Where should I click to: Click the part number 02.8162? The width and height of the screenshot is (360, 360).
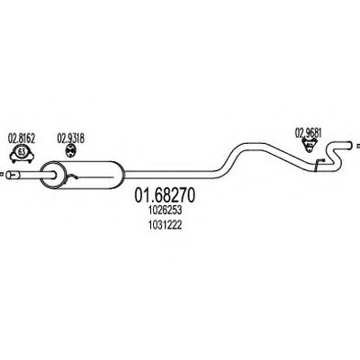[x=22, y=139]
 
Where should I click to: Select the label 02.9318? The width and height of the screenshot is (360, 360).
[x=71, y=139]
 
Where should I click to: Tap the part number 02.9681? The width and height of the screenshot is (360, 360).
[x=309, y=133]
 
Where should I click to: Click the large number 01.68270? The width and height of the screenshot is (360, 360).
[x=165, y=195]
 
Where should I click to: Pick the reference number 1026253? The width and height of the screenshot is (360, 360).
[x=165, y=211]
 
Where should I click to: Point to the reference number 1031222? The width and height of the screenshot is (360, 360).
[x=165, y=225]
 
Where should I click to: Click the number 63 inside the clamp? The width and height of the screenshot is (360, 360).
[x=22, y=152]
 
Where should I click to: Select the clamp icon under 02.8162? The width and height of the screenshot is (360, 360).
[x=22, y=154]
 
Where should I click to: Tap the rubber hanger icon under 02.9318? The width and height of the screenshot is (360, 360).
[x=70, y=150]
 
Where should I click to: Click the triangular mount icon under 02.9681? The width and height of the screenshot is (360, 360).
[x=310, y=146]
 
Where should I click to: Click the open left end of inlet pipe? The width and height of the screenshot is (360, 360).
[x=8, y=175]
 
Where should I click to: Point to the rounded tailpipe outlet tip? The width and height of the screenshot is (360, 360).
[x=349, y=145]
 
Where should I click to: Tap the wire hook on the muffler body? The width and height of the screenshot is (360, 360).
[x=72, y=177]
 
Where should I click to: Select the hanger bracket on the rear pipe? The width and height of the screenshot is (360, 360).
[x=319, y=164]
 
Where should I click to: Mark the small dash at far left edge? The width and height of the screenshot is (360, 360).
[x=1, y=174]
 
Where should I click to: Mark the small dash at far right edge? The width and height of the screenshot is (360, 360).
[x=358, y=147]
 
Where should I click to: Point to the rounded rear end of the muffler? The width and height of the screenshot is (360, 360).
[x=122, y=175]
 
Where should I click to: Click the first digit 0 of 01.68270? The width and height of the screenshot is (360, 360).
[x=139, y=195]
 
